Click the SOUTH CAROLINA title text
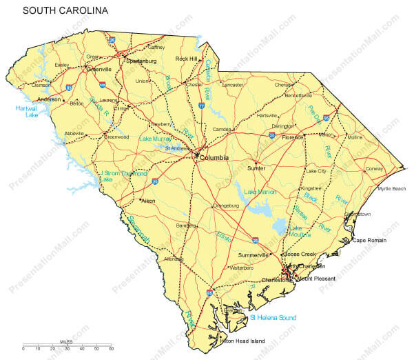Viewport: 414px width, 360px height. tap(65, 11)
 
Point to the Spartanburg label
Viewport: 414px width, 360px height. tap(141, 61)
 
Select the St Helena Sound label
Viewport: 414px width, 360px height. tap(273, 317)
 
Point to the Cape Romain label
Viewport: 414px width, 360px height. tap(370, 240)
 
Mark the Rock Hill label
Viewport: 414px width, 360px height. tap(186, 59)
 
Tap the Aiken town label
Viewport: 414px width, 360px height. tap(147, 201)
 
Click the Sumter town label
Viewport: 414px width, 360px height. tap(256, 168)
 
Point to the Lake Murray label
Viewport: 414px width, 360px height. tap(156, 139)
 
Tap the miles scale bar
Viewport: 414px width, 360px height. tap(67, 345)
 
